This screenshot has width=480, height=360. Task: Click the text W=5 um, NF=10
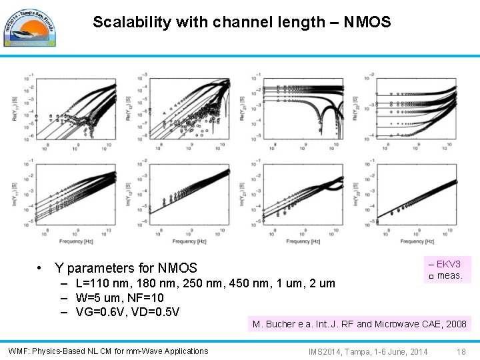[119, 297]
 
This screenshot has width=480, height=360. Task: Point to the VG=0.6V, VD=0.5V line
[127, 311]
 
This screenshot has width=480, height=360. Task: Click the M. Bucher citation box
[359, 325]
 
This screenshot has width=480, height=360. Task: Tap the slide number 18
[461, 351]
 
